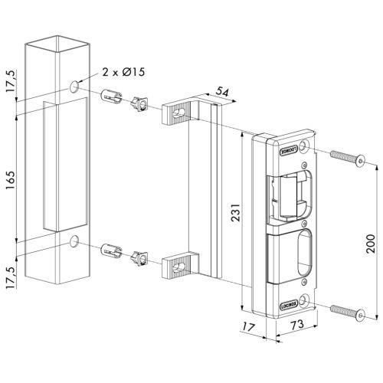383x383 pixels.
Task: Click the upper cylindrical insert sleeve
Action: point(110,99)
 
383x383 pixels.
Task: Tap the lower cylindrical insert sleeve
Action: point(110,252)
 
